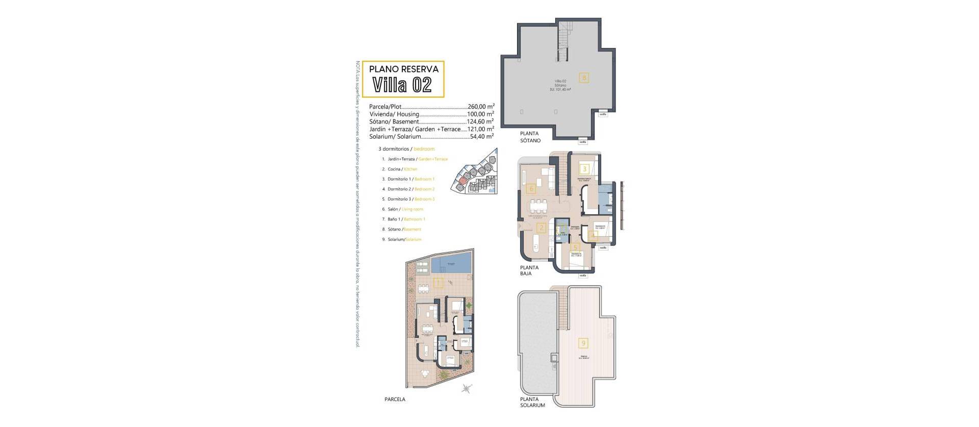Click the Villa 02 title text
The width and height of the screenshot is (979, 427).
pyautogui.click(x=402, y=85)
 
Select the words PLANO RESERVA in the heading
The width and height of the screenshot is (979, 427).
pyautogui.click(x=403, y=68)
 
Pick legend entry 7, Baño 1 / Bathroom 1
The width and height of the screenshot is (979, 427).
pyautogui.click(x=406, y=219)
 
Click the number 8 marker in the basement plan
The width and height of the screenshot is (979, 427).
pyautogui.click(x=584, y=78)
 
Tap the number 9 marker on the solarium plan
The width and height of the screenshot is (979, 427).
pyautogui.click(x=584, y=343)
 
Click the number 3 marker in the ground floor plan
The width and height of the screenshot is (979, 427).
pyautogui.click(x=584, y=169)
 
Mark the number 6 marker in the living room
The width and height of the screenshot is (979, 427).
pyautogui.click(x=531, y=189)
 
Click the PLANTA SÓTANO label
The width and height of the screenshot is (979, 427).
pyautogui.click(x=530, y=137)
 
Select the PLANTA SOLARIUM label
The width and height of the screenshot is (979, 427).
pyautogui.click(x=532, y=403)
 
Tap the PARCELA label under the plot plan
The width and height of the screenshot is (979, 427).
pyautogui.click(x=395, y=399)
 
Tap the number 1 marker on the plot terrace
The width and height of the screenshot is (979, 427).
pyautogui.click(x=437, y=282)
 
